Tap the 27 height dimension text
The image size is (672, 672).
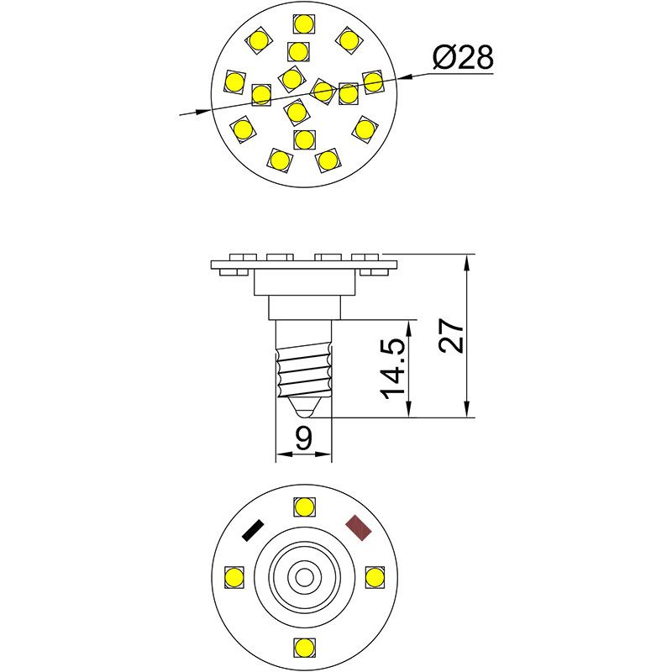click(x=451, y=336)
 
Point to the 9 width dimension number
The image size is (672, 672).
click(x=304, y=437)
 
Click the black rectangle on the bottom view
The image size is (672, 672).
click(x=252, y=530)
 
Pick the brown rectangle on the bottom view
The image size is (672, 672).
click(x=359, y=528)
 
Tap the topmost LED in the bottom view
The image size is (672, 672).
click(x=304, y=507)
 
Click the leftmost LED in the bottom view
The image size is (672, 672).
click(x=234, y=577)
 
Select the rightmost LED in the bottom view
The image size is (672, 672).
click(x=375, y=577)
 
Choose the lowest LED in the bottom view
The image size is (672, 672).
click(x=304, y=648)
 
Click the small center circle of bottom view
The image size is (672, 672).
click(x=304, y=577)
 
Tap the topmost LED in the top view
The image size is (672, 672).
click(x=303, y=24)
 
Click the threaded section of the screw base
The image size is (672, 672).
click(x=304, y=373)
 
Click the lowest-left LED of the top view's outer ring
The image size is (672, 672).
click(x=279, y=159)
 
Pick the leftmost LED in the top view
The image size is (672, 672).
click(x=234, y=81)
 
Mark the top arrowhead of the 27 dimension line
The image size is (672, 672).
click(x=466, y=260)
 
